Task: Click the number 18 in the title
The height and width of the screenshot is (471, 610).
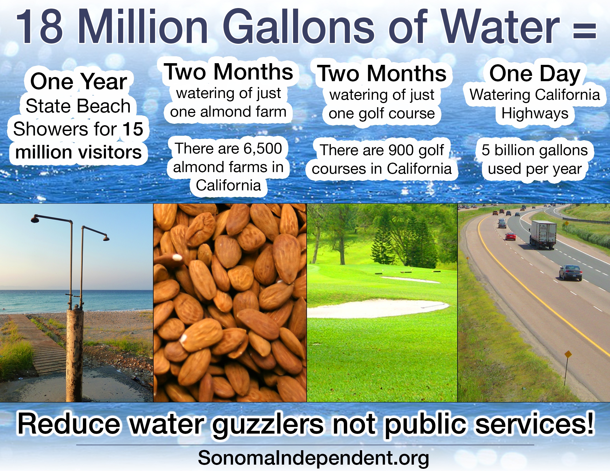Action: tap(39, 27)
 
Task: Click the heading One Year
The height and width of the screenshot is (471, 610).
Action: tap(78, 81)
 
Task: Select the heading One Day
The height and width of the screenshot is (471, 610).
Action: tap(535, 74)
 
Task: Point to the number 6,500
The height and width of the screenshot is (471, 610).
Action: tap(263, 149)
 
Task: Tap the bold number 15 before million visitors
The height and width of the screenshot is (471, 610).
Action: tap(133, 129)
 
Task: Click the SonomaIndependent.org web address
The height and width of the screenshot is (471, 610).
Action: tap(313, 458)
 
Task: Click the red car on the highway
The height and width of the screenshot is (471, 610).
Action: tap(510, 236)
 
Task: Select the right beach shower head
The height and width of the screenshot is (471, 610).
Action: tap(106, 238)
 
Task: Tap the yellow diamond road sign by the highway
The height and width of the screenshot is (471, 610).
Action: tap(568, 355)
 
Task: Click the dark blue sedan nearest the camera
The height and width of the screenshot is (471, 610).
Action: tap(571, 272)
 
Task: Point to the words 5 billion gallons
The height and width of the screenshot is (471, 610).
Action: tap(535, 150)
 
